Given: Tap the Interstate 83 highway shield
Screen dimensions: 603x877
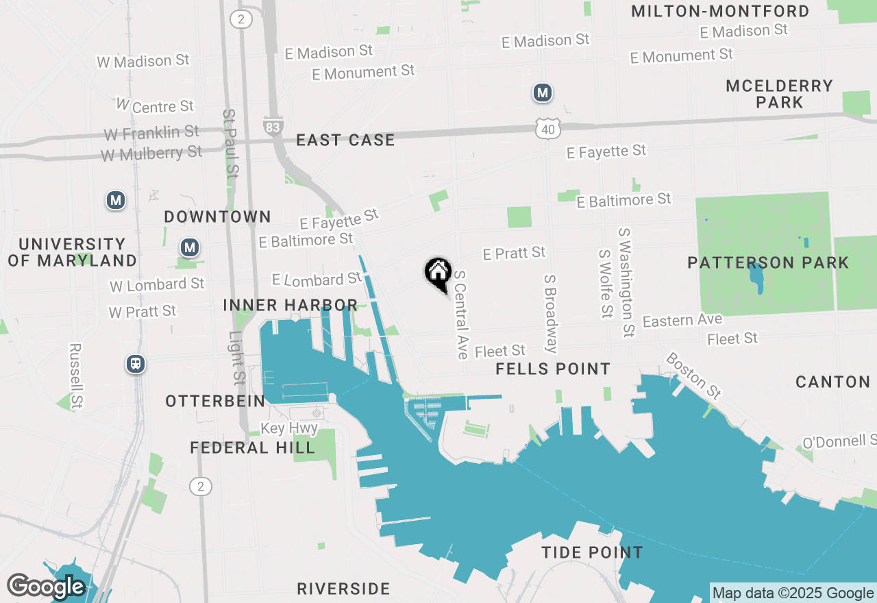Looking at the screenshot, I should pyautogui.click(x=272, y=125).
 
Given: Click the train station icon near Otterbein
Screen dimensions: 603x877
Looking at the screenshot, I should pyautogui.click(x=136, y=364).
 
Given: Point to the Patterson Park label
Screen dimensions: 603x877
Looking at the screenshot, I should pyautogui.click(x=768, y=262).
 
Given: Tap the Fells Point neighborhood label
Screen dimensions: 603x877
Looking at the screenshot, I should pyautogui.click(x=553, y=369).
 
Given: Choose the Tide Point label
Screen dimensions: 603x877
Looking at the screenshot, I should pyautogui.click(x=592, y=552).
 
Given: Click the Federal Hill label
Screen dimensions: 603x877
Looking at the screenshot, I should pyautogui.click(x=253, y=448).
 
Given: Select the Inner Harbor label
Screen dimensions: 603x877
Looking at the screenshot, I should pyautogui.click(x=291, y=305).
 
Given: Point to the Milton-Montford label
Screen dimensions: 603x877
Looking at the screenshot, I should pyautogui.click(x=720, y=11).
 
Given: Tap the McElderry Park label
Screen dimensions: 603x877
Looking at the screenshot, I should pyautogui.click(x=780, y=94).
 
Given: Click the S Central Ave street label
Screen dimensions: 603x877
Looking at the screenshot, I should pyautogui.click(x=460, y=315).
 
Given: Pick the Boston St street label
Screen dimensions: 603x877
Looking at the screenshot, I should pyautogui.click(x=693, y=376).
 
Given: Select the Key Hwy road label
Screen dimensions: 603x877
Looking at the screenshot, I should pyautogui.click(x=289, y=429).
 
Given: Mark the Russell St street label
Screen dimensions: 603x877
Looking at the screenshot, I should pyautogui.click(x=75, y=376).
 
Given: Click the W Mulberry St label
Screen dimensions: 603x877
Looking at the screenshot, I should pyautogui.click(x=151, y=153).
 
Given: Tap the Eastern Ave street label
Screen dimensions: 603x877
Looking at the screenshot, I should pyautogui.click(x=682, y=321).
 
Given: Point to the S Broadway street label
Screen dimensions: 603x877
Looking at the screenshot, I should pyautogui.click(x=550, y=313).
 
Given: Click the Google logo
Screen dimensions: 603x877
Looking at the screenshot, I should pyautogui.click(x=45, y=587).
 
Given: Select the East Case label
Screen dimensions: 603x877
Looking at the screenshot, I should pyautogui.click(x=345, y=140).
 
